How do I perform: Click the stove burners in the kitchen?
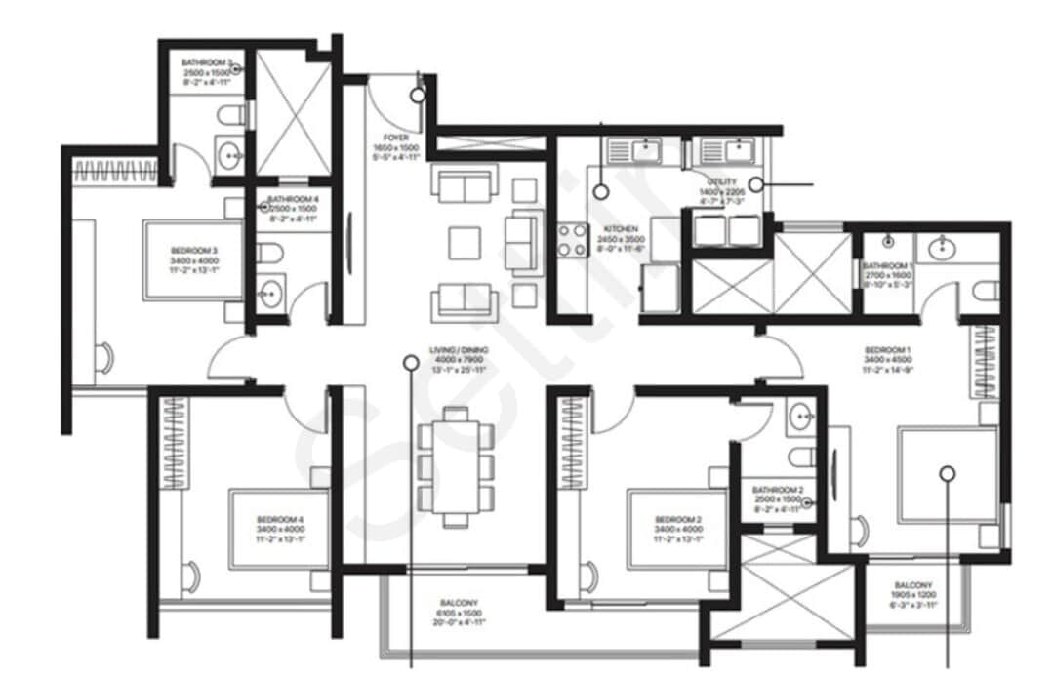coord(570,240)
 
